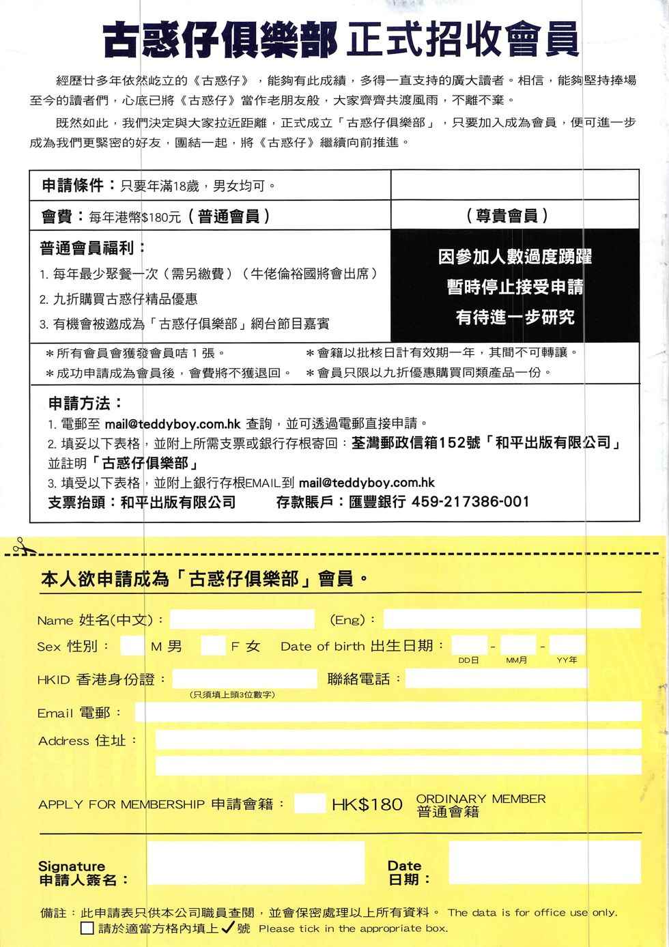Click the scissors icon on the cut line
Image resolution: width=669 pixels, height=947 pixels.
tap(18, 545)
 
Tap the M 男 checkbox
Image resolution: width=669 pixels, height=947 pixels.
tap(131, 645)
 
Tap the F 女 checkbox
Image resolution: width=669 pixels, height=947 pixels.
tap(213, 645)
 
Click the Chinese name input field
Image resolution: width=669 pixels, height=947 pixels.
tap(242, 619)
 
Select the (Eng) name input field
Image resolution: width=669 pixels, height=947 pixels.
tap(511, 619)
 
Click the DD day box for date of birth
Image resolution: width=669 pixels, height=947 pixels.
tap(469, 645)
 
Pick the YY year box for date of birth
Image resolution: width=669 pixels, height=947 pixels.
tap(567, 645)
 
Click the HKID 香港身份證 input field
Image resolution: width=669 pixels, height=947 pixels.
tap(244, 679)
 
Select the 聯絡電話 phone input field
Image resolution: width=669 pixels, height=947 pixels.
tap(496, 679)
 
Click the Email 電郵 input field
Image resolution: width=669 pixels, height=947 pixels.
tap(388, 712)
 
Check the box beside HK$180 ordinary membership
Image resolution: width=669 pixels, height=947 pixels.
tap(310, 803)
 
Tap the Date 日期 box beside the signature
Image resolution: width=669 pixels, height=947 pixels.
tap(544, 863)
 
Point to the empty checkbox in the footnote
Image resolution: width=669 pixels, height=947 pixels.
tap(87, 929)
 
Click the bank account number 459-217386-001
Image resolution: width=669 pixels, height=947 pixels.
tap(470, 502)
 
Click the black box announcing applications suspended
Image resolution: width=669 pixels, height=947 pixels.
tap(515, 286)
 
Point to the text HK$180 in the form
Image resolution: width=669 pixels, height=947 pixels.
tap(367, 804)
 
